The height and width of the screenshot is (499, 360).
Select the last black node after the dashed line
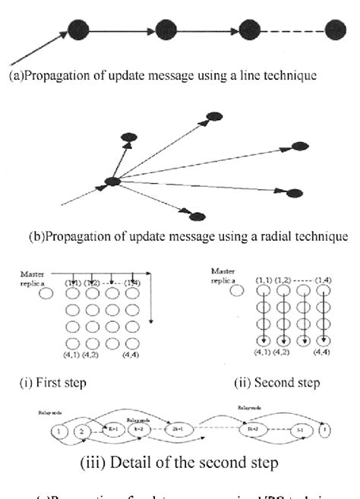pyautogui.click(x=336, y=30)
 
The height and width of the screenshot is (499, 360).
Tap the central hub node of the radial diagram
pyautogui.click(x=112, y=182)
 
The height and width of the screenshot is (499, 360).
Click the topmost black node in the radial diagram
pyautogui.click(x=215, y=115)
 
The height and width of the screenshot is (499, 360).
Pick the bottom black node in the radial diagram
pyautogui.click(x=197, y=216)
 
